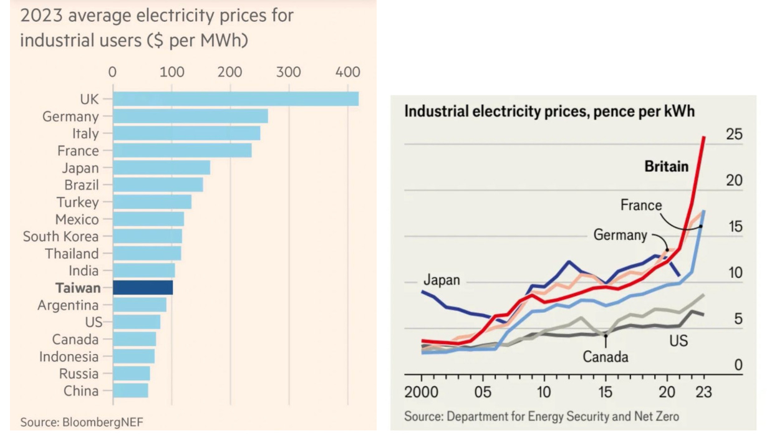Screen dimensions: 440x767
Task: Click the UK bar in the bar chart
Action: click(x=236, y=99)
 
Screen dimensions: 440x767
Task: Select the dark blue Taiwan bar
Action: click(x=143, y=288)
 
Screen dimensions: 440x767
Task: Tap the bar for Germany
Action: click(x=190, y=117)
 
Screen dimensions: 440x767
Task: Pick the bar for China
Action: click(x=130, y=391)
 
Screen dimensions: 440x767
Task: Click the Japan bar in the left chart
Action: click(x=162, y=168)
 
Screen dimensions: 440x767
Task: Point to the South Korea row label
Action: click(x=60, y=237)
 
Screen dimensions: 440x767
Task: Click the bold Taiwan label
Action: click(x=77, y=288)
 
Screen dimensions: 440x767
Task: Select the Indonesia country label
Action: click(x=69, y=356)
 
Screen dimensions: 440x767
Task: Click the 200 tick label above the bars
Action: click(x=230, y=72)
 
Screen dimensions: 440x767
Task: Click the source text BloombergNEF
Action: click(x=103, y=422)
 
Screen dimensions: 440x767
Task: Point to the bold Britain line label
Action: click(x=667, y=166)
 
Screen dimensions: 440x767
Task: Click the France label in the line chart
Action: click(x=641, y=205)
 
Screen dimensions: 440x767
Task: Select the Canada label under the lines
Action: click(x=605, y=357)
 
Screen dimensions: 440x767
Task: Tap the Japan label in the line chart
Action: click(x=441, y=280)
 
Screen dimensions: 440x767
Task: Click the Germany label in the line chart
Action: click(x=620, y=235)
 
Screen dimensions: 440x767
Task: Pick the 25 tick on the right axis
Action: click(x=734, y=134)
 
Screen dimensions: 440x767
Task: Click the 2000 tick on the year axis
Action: click(x=422, y=393)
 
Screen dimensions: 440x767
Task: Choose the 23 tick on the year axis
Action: click(x=704, y=393)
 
